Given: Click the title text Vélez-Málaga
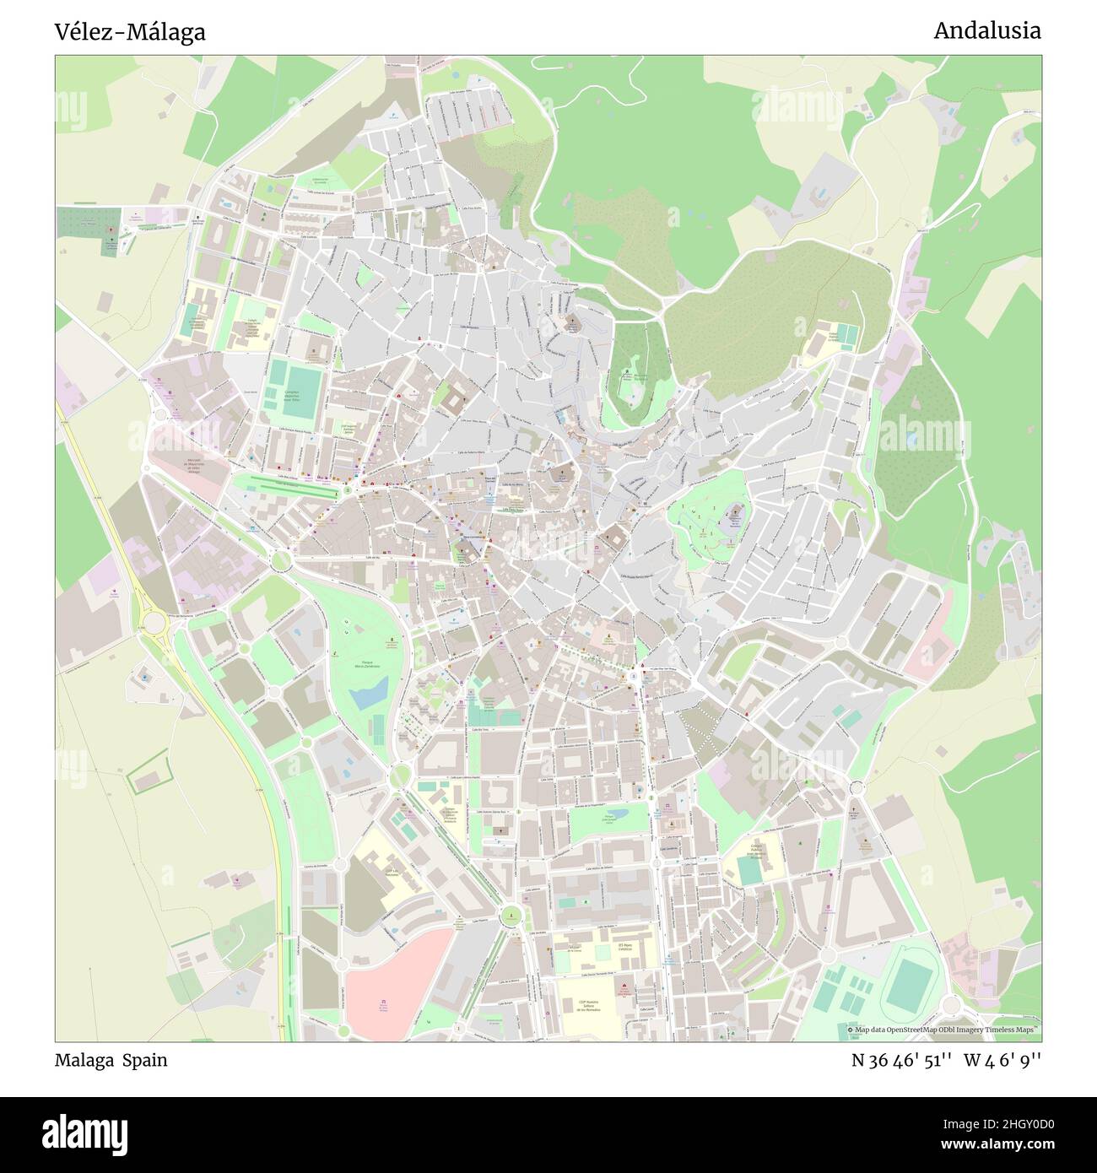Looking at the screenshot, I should click(x=130, y=32).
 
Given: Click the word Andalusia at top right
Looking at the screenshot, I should click(x=986, y=30).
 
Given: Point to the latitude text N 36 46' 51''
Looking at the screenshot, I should click(x=902, y=1060).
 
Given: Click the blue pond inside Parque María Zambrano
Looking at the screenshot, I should click(x=368, y=696).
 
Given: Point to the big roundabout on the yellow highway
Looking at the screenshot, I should click(x=154, y=623).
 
